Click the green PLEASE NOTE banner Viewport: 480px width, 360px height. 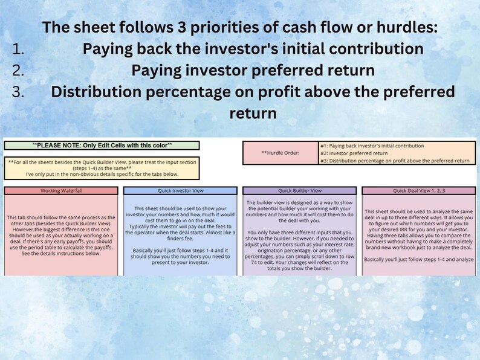coord(102,146)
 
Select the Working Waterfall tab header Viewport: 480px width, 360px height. coord(60,190)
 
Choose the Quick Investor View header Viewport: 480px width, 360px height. coord(180,190)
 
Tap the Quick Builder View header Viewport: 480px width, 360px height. coord(299,190)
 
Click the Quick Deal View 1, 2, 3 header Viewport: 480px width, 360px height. coord(419,190)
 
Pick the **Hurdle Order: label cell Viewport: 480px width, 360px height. coord(280,153)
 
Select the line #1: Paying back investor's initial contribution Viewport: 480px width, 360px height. coord(372,146)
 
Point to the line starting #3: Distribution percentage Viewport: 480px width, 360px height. coord(395,161)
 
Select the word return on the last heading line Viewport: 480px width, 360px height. coord(253,113)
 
